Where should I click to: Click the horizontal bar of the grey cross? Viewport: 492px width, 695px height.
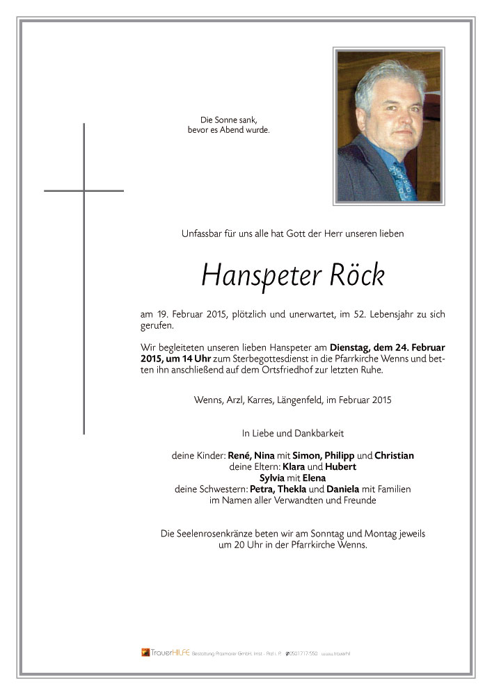[84, 190]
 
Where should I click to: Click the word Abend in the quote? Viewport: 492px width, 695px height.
[239, 130]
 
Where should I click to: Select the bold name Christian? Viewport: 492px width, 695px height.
[394, 456]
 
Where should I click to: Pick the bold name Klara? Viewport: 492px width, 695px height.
[273, 467]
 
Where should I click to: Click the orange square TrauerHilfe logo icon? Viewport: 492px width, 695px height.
[145, 653]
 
